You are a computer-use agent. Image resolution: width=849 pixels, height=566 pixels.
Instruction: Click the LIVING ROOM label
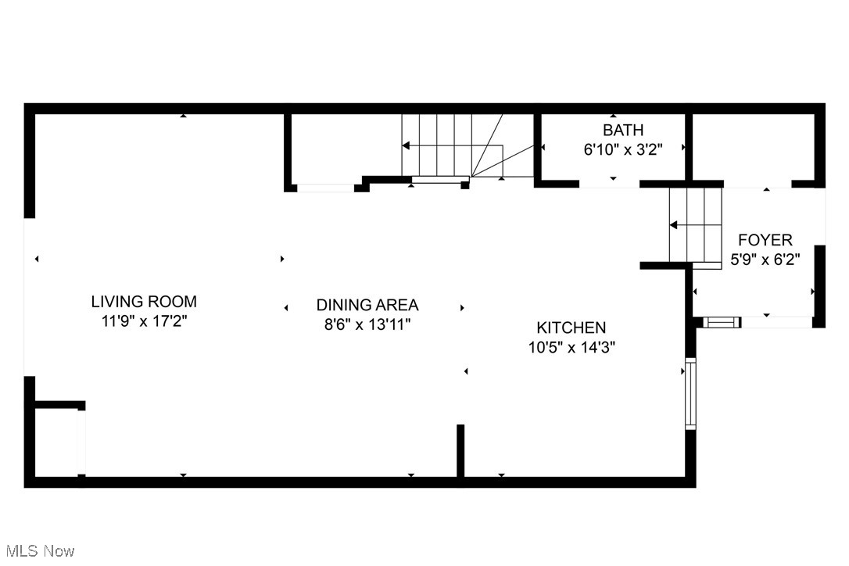coord(144,301)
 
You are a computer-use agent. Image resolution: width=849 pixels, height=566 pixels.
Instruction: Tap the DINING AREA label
coord(367,305)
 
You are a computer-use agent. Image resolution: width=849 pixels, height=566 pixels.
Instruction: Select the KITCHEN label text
coord(571,328)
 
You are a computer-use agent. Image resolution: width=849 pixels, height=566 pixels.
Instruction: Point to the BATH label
coord(623,130)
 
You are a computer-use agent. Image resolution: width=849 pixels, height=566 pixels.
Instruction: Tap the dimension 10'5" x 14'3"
coord(571,347)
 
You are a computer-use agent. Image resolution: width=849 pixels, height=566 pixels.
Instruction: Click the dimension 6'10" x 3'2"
coord(623,149)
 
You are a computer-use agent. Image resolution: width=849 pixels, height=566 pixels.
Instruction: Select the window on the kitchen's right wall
coord(690,393)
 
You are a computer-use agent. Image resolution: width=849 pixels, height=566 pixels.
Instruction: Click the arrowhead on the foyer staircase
coord(672,226)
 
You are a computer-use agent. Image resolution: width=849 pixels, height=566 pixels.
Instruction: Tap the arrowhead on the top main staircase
coord(406,145)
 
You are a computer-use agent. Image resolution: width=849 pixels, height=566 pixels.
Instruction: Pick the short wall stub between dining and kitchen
coord(460,450)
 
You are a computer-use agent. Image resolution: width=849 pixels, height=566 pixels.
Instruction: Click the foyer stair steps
coord(695,227)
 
